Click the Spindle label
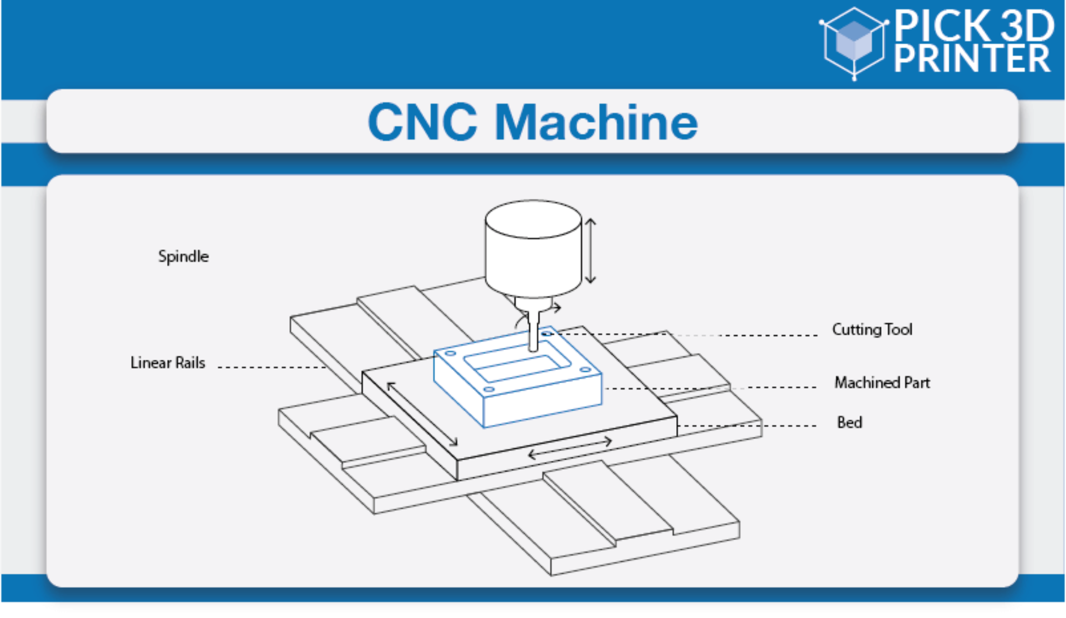(x=183, y=256)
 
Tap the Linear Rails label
(x=168, y=362)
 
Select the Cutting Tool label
(x=872, y=329)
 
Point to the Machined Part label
(x=882, y=383)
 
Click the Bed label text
(x=849, y=422)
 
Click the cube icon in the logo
(x=854, y=42)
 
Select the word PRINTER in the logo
(x=971, y=58)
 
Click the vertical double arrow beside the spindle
(x=590, y=251)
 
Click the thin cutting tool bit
(x=533, y=333)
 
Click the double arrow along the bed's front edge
(x=570, y=448)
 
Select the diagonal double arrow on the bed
(x=422, y=414)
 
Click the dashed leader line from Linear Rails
(x=271, y=367)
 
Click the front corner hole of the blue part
(x=488, y=389)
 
